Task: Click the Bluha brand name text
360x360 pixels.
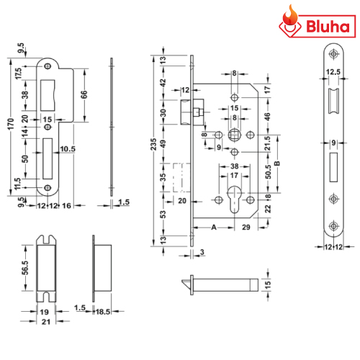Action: tap(328, 27)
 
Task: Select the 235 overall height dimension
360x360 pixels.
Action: tap(153, 144)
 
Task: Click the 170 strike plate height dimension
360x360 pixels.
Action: tap(11, 124)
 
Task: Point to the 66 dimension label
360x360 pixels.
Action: tap(84, 94)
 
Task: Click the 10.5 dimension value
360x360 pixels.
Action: tap(68, 149)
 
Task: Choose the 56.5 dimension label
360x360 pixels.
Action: tap(25, 268)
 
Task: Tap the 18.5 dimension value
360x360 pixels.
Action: tap(103, 312)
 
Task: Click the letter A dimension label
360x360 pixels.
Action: tap(214, 227)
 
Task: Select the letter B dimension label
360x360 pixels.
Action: tap(276, 163)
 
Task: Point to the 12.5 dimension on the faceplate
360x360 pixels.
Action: tap(333, 72)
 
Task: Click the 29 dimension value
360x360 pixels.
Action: tap(246, 227)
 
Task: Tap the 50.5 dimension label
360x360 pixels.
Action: tap(269, 171)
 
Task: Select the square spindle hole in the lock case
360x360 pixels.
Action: tap(234, 135)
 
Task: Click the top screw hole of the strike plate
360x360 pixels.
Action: tap(48, 66)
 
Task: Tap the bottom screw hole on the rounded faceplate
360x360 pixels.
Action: tap(333, 225)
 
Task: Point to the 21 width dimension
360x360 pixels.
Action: tap(46, 322)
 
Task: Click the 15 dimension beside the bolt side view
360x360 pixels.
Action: tap(268, 284)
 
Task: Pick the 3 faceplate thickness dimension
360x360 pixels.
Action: tap(202, 252)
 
